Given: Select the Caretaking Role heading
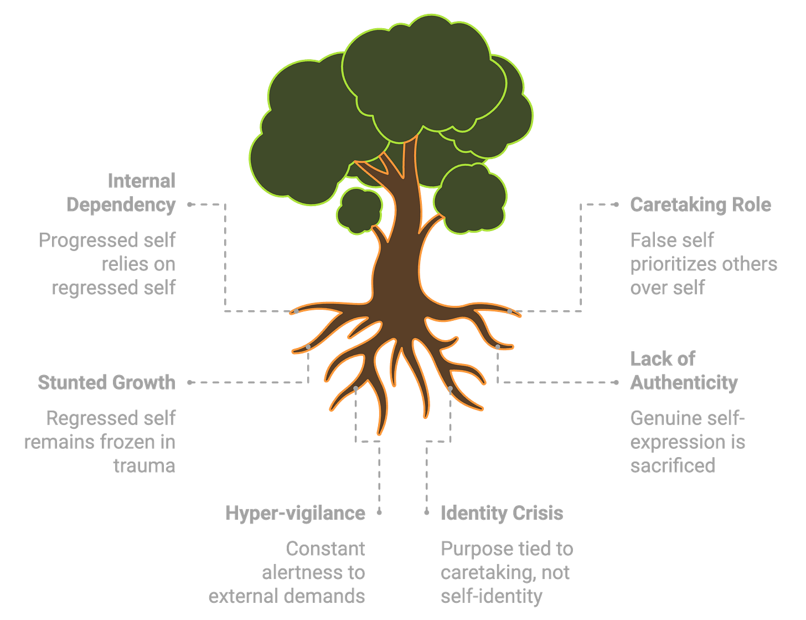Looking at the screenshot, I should pos(700,205).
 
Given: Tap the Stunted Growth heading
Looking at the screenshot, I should pos(107,382).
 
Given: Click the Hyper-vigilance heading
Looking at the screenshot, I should pos(295,513).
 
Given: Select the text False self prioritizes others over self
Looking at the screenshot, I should pos(703,264).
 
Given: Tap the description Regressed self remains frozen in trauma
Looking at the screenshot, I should pos(100,442).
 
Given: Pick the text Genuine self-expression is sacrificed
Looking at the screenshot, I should pos(688,442).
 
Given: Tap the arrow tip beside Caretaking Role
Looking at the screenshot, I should pos(617,204).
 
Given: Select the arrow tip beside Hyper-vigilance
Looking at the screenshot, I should pos(379,513).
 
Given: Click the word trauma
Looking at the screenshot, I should pos(144,465).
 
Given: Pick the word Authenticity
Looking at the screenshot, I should pos(684,383).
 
